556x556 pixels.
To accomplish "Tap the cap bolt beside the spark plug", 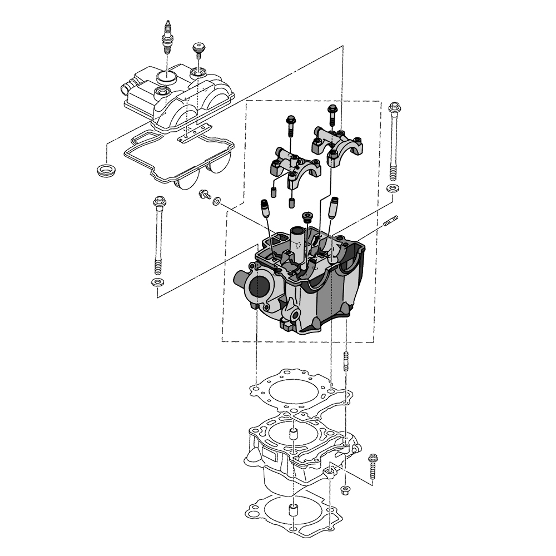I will [x=197, y=51].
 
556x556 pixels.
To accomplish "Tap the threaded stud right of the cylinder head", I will [x=391, y=221].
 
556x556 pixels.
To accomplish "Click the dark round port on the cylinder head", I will [x=259, y=287].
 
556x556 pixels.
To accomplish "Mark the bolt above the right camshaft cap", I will [x=332, y=115].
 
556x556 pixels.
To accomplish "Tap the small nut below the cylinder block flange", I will [x=345, y=490].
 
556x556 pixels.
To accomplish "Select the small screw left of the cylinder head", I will [x=205, y=195].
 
